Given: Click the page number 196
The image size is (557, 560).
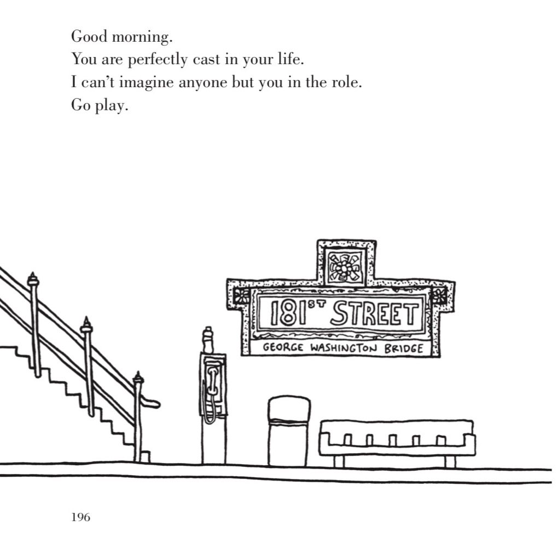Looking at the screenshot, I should coord(80,517).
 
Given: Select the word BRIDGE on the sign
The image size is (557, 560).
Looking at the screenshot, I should coord(403,348).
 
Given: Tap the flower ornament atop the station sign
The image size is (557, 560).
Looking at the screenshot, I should coord(344,267).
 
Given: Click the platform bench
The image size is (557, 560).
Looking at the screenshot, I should coord(397,439).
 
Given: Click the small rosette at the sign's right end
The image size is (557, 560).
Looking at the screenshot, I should coord(438,296).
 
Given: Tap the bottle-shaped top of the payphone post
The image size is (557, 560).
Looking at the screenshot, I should coord(207,340).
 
